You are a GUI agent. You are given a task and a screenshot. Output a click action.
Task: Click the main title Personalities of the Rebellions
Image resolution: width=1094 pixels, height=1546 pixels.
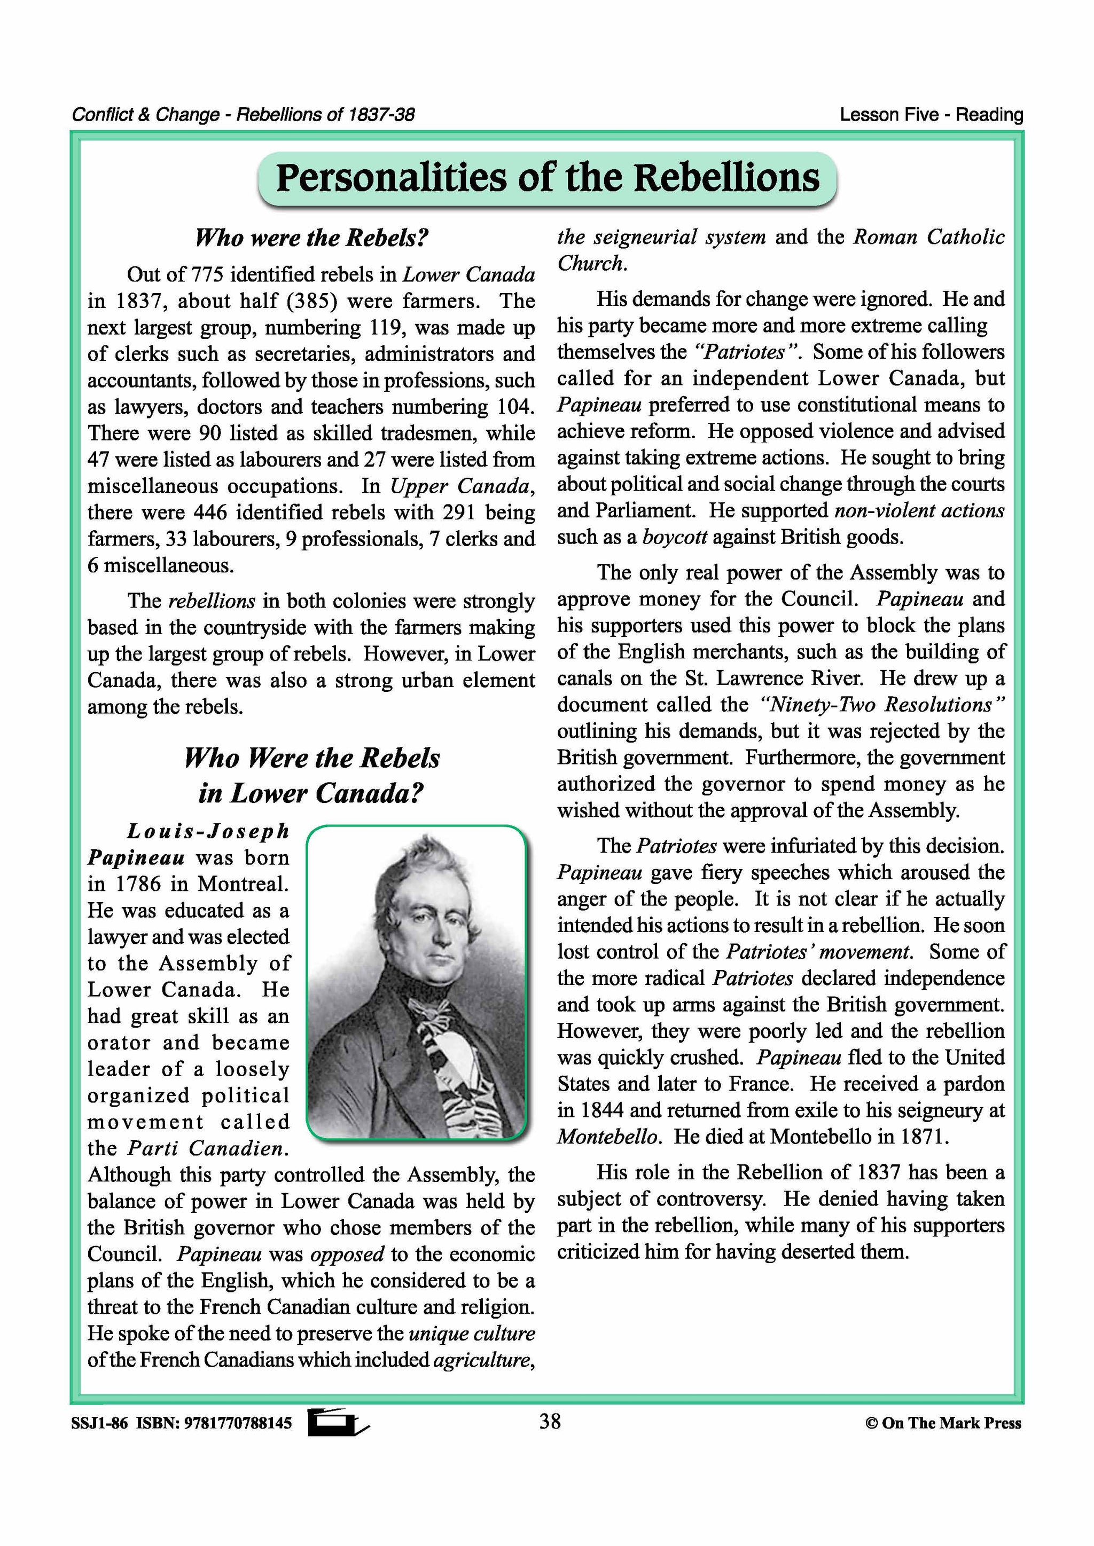click(x=547, y=178)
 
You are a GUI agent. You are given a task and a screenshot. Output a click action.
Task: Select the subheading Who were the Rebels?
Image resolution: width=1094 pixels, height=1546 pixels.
click(x=311, y=238)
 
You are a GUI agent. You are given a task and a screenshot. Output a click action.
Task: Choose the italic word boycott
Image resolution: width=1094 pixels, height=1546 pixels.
click(x=674, y=538)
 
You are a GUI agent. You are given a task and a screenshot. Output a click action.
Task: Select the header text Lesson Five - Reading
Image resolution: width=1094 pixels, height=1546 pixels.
click(x=931, y=115)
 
